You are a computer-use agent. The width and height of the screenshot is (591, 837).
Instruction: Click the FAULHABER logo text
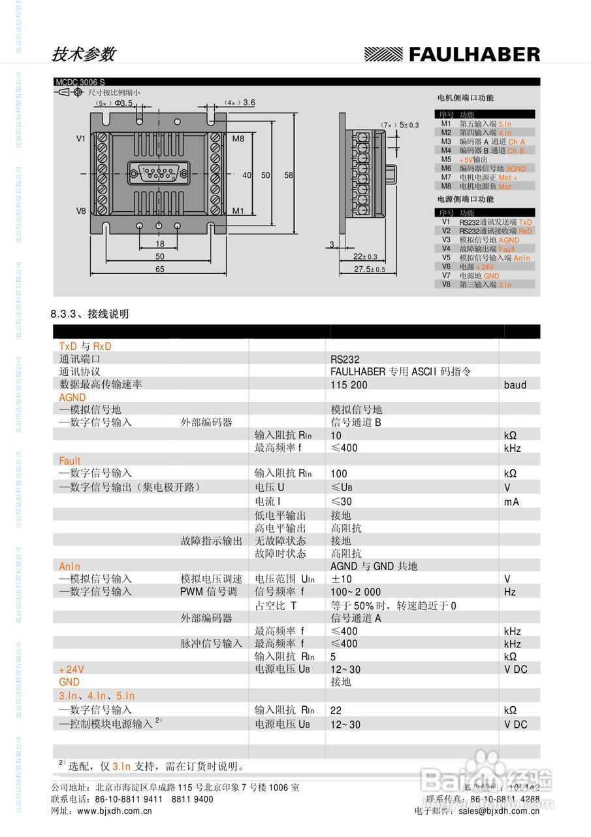click(x=474, y=54)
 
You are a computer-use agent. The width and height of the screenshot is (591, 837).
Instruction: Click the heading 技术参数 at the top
click(x=83, y=54)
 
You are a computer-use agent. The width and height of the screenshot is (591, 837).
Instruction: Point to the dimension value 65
click(x=160, y=269)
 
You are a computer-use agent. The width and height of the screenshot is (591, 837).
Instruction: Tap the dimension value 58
click(x=289, y=175)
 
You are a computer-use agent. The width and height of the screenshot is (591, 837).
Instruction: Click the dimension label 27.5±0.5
click(x=370, y=269)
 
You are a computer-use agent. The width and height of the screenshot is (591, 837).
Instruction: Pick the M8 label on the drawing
click(x=238, y=139)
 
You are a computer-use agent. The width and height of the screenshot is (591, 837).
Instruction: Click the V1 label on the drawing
click(x=81, y=139)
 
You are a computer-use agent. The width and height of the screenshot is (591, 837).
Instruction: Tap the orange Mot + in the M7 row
click(x=507, y=178)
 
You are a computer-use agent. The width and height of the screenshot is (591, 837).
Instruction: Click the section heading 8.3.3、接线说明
click(x=90, y=314)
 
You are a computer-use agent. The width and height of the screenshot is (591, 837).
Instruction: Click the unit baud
click(x=515, y=385)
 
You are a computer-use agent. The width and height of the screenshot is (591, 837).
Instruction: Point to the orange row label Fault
click(x=70, y=461)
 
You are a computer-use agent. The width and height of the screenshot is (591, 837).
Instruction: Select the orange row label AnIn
click(x=70, y=566)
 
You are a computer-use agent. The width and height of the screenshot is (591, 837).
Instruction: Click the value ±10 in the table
click(x=342, y=579)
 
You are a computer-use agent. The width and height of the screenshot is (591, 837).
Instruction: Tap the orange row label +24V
click(x=71, y=670)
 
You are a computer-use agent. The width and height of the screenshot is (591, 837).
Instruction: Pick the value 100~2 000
click(x=355, y=592)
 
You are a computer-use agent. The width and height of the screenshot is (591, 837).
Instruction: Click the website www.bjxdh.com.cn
click(x=114, y=811)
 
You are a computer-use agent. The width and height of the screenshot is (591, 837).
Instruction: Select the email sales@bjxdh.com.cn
click(x=499, y=811)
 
